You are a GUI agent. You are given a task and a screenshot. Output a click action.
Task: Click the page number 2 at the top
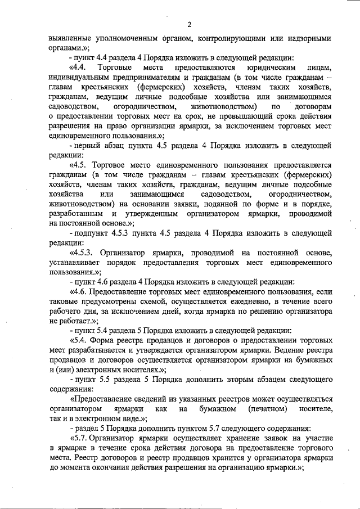click(x=190, y=24)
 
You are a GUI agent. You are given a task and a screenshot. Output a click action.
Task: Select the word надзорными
click(x=307, y=38)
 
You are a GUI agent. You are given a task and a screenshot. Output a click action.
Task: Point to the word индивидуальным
click(x=80, y=78)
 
